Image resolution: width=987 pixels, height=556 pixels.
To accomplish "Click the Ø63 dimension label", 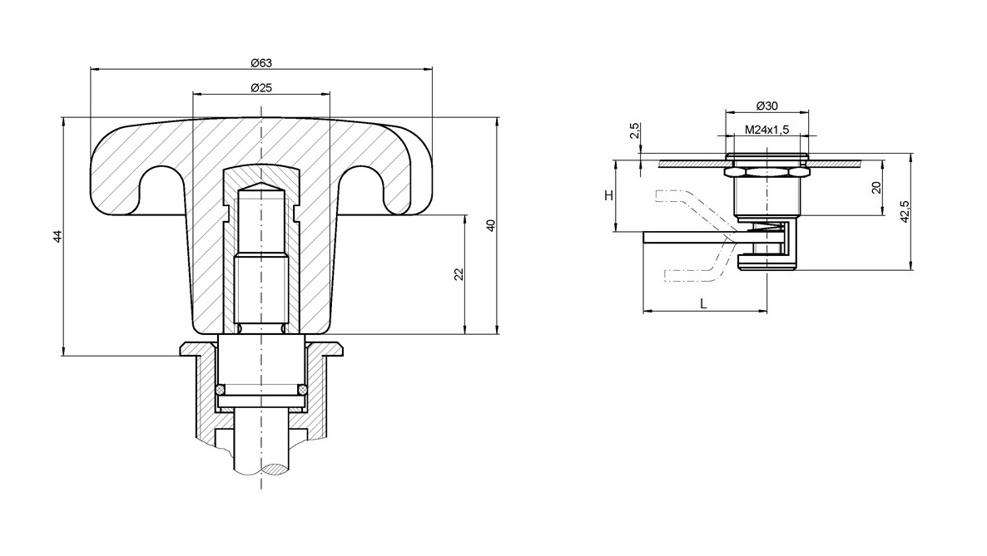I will (261, 63).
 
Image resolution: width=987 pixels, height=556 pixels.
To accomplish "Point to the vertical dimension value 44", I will (57, 237).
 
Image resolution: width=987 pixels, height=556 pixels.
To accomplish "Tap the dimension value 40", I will (491, 225).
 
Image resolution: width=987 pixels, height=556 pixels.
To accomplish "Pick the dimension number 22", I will (459, 275).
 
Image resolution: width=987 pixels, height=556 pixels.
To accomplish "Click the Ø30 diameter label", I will (766, 106).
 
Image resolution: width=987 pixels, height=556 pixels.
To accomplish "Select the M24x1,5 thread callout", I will (766, 129).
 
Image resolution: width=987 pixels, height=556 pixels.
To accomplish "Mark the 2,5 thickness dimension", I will (635, 130).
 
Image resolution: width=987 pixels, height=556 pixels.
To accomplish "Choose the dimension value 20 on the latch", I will (875, 187).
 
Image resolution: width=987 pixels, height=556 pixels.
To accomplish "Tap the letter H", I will (608, 195).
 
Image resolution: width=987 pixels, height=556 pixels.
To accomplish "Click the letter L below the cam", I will (703, 304).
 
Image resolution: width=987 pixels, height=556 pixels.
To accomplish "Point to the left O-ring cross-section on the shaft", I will (221, 390).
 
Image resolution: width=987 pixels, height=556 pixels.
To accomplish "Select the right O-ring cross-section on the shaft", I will (303, 390).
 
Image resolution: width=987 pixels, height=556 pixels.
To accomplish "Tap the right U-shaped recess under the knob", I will (364, 187).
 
